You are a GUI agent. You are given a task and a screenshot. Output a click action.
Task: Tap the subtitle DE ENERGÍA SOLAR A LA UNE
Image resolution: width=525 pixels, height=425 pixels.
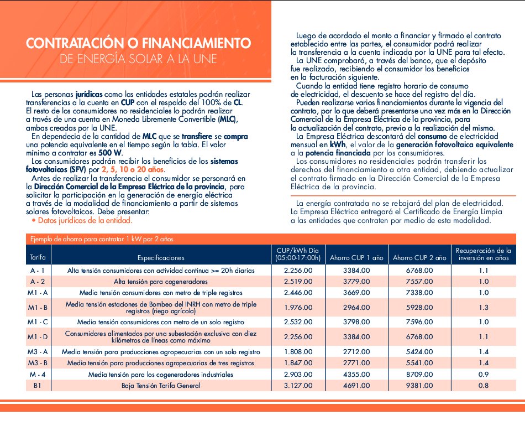138,58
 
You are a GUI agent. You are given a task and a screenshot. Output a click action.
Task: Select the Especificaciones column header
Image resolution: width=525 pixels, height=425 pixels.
161,257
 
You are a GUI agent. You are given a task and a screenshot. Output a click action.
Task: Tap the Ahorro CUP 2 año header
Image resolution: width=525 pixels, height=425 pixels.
419,257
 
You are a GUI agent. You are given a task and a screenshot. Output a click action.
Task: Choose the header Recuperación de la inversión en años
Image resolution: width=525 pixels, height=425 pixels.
483,254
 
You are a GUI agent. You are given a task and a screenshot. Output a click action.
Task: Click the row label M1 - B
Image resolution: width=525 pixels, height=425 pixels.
38,307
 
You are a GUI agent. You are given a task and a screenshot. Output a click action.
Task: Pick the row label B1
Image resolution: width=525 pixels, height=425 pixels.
38,385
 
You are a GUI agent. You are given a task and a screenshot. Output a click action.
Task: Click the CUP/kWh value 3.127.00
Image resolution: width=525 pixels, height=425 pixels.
298,385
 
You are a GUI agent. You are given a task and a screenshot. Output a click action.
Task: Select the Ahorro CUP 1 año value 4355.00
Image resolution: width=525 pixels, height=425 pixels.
355,375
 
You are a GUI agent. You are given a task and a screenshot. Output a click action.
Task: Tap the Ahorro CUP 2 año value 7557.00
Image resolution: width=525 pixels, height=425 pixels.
419,281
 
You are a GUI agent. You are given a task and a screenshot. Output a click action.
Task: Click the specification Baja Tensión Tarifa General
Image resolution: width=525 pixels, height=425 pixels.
161,385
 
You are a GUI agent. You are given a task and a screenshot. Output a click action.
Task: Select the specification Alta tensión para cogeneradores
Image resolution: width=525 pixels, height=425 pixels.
161,281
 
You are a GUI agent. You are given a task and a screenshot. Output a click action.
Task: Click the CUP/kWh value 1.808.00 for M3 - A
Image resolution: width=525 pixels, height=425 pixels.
298,351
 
